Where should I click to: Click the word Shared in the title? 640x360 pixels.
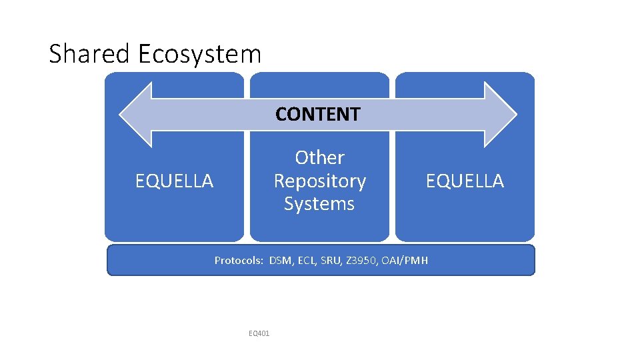(x=91, y=54)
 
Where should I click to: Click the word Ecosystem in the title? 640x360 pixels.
(x=199, y=54)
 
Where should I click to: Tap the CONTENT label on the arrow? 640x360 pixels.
(x=318, y=114)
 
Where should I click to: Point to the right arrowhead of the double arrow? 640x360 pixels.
(x=500, y=114)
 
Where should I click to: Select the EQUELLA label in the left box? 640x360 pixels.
(x=174, y=181)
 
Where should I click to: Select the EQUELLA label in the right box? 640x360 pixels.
(x=465, y=181)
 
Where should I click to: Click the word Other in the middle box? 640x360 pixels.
(x=319, y=157)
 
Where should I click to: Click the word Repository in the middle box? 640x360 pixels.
(x=319, y=181)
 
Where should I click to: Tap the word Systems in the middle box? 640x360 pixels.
(x=319, y=203)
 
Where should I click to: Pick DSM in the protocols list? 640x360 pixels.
(x=281, y=261)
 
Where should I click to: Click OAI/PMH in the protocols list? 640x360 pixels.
(x=406, y=261)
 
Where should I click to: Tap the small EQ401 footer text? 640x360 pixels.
(x=259, y=333)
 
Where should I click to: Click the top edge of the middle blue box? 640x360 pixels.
(x=319, y=73)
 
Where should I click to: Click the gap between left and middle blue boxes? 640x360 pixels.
(x=247, y=200)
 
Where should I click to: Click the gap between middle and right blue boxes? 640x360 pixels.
(x=392, y=200)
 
